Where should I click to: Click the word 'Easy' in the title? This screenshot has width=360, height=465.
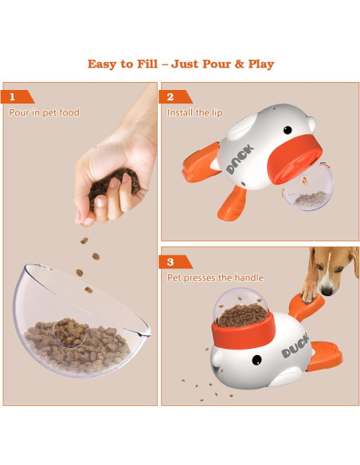click(x=105, y=64)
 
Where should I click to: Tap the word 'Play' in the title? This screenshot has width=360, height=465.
click(x=256, y=64)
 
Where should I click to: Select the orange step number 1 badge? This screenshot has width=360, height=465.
click(x=14, y=97)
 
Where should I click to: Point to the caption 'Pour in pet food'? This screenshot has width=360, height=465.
click(x=45, y=113)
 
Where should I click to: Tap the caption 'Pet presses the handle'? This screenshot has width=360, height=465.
click(x=215, y=278)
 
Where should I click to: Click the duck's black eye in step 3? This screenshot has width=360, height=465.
click(x=257, y=361)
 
